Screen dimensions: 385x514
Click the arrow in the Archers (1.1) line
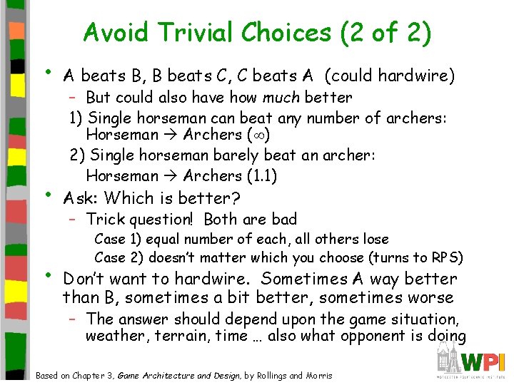(171, 175)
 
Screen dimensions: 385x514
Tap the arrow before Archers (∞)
(171, 135)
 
